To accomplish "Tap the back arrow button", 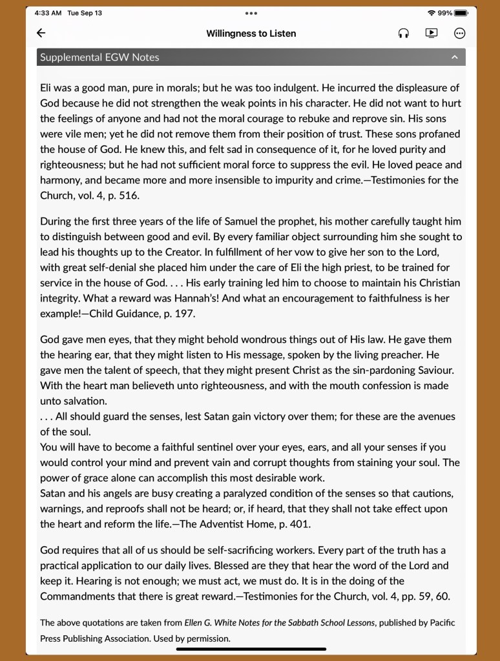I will pyautogui.click(x=41, y=33).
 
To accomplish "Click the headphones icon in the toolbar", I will pyautogui.click(x=404, y=34).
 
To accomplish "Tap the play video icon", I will pyautogui.click(x=432, y=33).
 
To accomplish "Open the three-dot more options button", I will pyautogui.click(x=459, y=34).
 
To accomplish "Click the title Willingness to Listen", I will pyautogui.click(x=251, y=34).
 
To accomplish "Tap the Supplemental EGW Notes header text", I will pyautogui.click(x=99, y=57).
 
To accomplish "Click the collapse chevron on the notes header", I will pyautogui.click(x=454, y=57).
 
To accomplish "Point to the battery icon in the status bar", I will pyautogui.click(x=461, y=13).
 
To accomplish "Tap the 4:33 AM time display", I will pyautogui.click(x=47, y=13).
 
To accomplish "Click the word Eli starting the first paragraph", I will pyautogui.click(x=47, y=88).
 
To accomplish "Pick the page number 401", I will pyautogui.click(x=297, y=524).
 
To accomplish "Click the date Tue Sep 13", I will pyautogui.click(x=85, y=13).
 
